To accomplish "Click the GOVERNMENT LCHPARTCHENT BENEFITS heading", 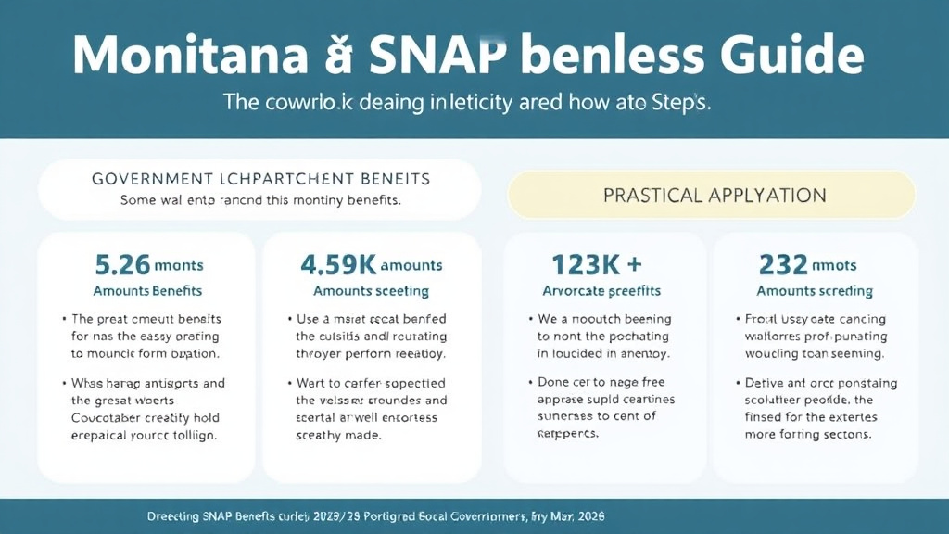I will tap(260, 176).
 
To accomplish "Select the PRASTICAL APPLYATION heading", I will tap(715, 196).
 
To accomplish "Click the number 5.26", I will tap(122, 265).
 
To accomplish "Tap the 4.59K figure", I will tap(338, 265).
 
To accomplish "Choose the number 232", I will tap(784, 265).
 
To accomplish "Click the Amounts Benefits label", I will tap(149, 291).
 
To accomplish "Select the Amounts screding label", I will tap(815, 291).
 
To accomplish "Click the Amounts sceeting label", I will tap(372, 291).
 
